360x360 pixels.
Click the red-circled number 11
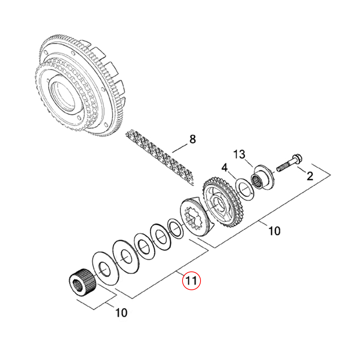[x=191, y=280]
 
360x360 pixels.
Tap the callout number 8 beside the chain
[x=192, y=139]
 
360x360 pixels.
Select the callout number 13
[x=239, y=154]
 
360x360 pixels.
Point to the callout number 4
[x=224, y=168]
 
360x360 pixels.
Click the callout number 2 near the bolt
[x=310, y=176]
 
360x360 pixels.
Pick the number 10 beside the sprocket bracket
[x=274, y=231]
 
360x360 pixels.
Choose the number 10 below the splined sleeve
[x=121, y=313]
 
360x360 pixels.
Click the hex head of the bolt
[x=297, y=159]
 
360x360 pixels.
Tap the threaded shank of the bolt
[x=285, y=166]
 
